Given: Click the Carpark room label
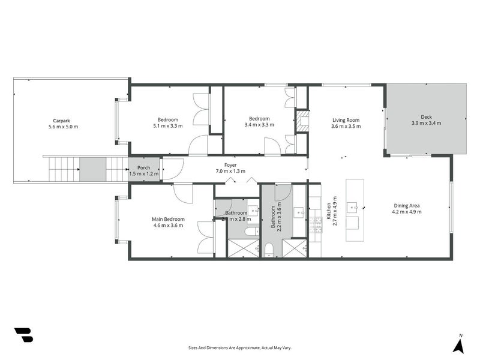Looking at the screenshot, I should click(63, 119).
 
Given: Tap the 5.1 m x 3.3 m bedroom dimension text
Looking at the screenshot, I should click(169, 127).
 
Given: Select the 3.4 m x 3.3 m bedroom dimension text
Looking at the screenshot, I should click(259, 125).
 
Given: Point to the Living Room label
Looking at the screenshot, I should click(346, 119).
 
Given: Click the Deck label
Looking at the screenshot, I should click(426, 117).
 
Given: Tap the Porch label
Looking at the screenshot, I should click(143, 168).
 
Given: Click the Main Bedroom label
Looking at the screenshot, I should click(168, 219).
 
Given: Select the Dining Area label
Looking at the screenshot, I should click(406, 205).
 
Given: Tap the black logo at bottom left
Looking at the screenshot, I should click(23, 335).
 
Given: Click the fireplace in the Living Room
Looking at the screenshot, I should click(303, 121).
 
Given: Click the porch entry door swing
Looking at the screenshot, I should click(170, 169).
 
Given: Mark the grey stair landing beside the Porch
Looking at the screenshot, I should click(93, 169).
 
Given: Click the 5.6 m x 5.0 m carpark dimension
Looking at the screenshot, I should click(63, 127).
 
